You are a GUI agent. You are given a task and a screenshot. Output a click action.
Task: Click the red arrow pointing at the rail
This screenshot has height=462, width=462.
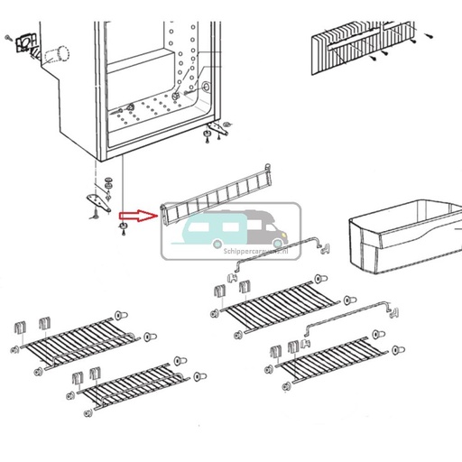pos(136,216)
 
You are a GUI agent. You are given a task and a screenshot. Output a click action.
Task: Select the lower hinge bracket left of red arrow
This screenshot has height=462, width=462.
pos(98,201)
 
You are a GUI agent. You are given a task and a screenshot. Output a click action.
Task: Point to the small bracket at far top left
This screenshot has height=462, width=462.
pos(22,44)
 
